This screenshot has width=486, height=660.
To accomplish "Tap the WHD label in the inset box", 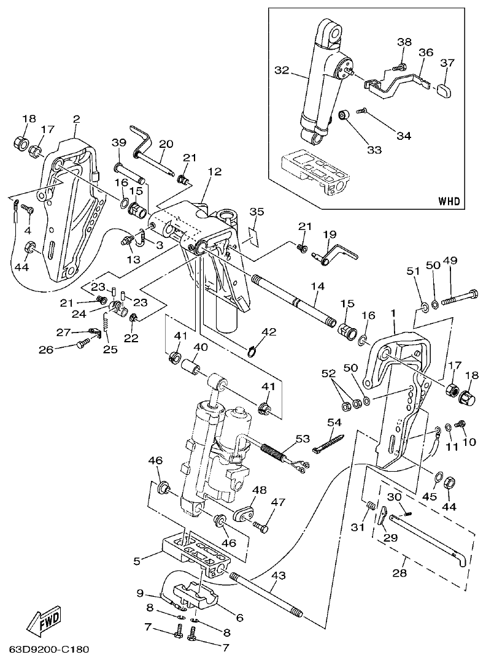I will tap(449, 201).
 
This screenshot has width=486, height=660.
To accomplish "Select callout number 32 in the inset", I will tap(282, 71).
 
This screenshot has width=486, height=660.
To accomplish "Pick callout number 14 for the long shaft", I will tap(317, 286).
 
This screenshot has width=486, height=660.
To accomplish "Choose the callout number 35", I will tap(256, 212).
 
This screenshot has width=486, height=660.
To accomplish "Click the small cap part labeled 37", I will tap(445, 91).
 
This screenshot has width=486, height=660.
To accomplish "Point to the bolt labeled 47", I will tap(262, 525).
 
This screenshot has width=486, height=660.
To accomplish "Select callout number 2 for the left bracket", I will tap(76, 118).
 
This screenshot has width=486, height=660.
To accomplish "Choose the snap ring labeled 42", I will tap(252, 351).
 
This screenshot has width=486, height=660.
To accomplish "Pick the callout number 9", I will tap(139, 593).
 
